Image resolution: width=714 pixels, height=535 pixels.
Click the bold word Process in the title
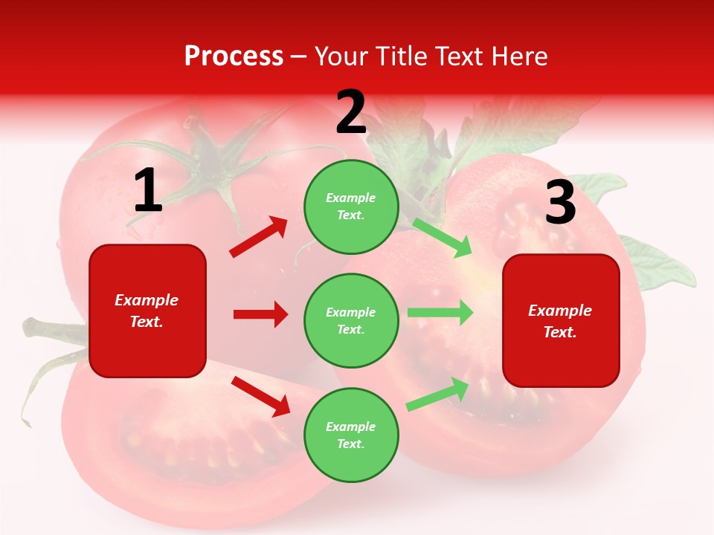pos(234,56)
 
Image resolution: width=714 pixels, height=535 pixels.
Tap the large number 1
pos(148,191)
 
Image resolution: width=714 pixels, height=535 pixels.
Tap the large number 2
pos(351,112)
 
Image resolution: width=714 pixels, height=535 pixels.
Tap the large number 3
pos(560,202)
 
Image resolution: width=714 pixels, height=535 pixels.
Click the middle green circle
pos(351,320)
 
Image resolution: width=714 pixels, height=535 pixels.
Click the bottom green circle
pos(351,435)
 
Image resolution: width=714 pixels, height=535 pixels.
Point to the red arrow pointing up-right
pos(259,237)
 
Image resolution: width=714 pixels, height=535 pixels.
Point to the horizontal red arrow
pos(260,314)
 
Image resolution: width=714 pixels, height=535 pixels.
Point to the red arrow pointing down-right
pos(260,396)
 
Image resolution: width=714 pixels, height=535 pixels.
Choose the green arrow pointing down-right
pos(443,238)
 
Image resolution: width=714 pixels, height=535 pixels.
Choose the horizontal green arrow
pos(440,312)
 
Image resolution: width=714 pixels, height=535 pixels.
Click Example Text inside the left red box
pos(147,311)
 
